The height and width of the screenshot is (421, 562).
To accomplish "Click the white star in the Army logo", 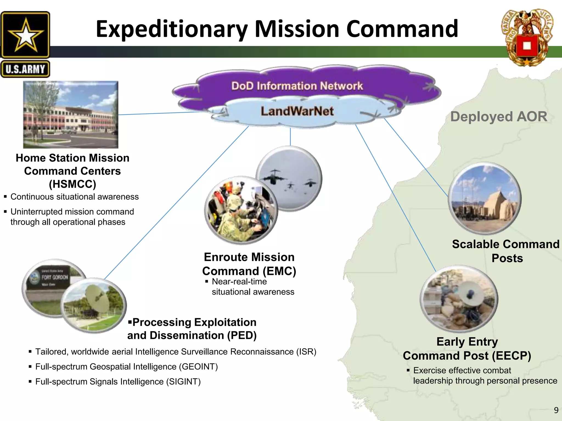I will pyautogui.click(x=25, y=35).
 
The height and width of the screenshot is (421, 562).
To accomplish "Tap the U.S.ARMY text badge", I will pyautogui.click(x=25, y=69).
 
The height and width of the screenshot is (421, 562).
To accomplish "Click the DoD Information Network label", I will pyautogui.click(x=297, y=86).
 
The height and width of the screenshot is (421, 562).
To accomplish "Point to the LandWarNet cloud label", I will pyautogui.click(x=297, y=111).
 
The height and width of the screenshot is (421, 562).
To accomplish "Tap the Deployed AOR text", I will pyautogui.click(x=499, y=116).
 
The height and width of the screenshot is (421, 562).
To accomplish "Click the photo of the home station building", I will pyautogui.click(x=71, y=115).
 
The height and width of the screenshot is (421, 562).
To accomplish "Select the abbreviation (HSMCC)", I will pyautogui.click(x=72, y=184).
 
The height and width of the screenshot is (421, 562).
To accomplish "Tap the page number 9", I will pyautogui.click(x=556, y=410).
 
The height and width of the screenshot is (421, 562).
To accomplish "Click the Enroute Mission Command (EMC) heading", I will pyautogui.click(x=249, y=264).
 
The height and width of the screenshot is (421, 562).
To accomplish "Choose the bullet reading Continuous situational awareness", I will pyautogui.click(x=74, y=197).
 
